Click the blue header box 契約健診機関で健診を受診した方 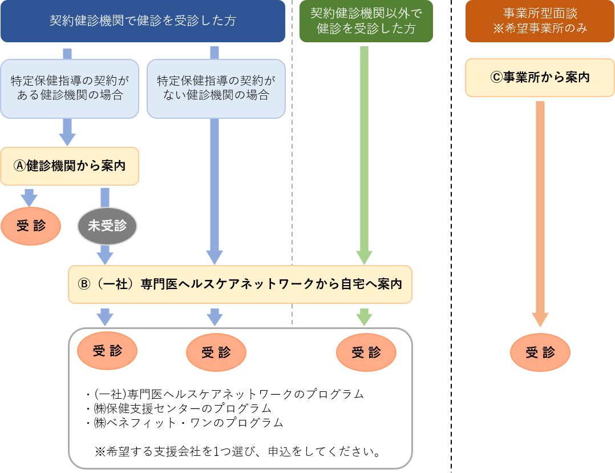[x=143, y=21]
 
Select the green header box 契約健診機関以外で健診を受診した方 [x=366, y=21]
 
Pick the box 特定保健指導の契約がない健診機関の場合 [x=216, y=88]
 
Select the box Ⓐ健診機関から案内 [x=70, y=166]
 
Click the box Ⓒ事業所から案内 [x=540, y=77]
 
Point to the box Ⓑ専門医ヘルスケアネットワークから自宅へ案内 [x=240, y=284]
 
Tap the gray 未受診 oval [x=107, y=226]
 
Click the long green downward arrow [x=365, y=149]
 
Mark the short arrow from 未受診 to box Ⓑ [x=106, y=255]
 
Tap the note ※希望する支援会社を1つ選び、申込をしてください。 [x=238, y=452]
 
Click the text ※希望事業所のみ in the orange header [x=540, y=28]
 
